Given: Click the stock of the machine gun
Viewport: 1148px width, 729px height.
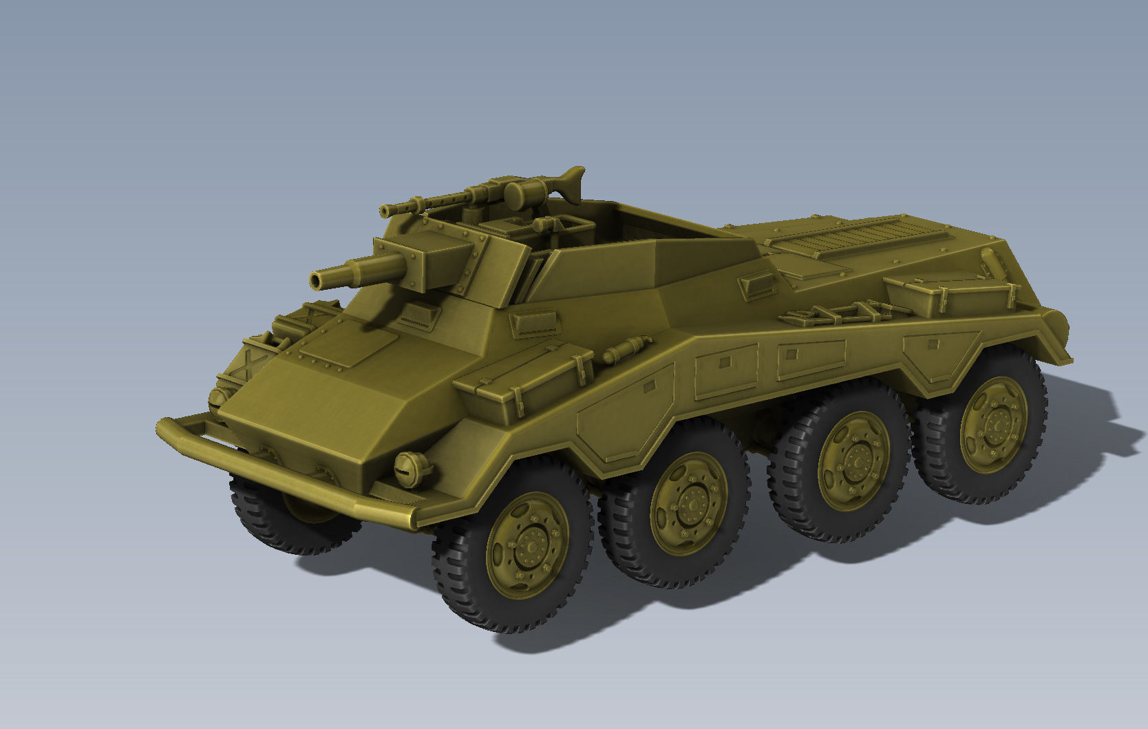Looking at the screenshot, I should pos(570,182).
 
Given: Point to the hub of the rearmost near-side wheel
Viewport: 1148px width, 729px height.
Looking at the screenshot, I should pos(995,425).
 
